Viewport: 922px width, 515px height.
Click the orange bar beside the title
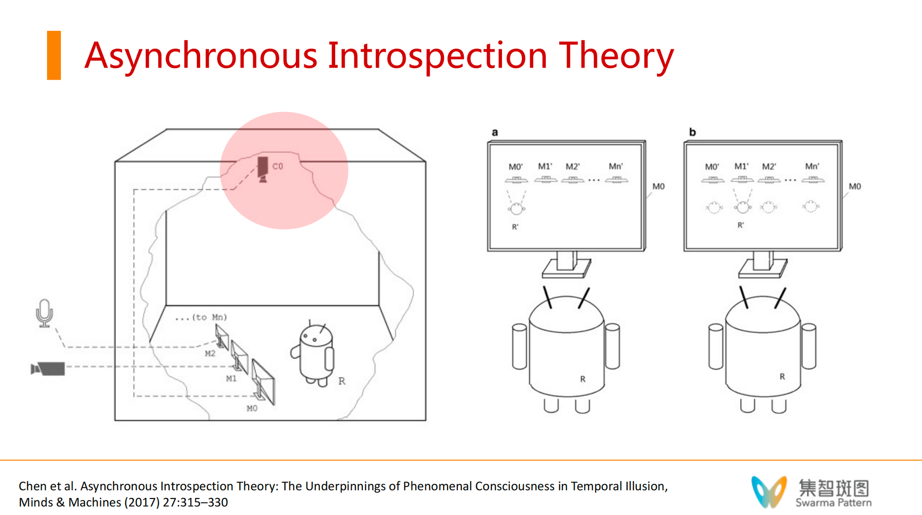(x=54, y=55)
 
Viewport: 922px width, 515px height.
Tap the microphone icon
(x=45, y=313)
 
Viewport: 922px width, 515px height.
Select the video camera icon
(x=47, y=369)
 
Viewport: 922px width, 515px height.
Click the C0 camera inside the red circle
(x=263, y=169)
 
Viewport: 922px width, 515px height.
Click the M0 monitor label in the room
(x=252, y=408)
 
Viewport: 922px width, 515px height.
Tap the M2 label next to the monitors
(x=210, y=353)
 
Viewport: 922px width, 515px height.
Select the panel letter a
(x=495, y=132)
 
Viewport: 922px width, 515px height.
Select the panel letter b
(x=692, y=132)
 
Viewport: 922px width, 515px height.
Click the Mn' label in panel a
(x=616, y=166)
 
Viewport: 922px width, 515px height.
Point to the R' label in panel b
(x=740, y=225)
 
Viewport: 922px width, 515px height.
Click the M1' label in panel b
(x=741, y=166)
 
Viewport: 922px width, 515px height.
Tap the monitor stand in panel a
(x=567, y=264)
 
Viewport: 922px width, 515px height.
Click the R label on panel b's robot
(x=782, y=376)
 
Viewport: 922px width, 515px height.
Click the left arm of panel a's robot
(x=520, y=346)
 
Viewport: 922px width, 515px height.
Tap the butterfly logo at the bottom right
(x=769, y=492)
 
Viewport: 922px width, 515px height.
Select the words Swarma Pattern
(x=833, y=503)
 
